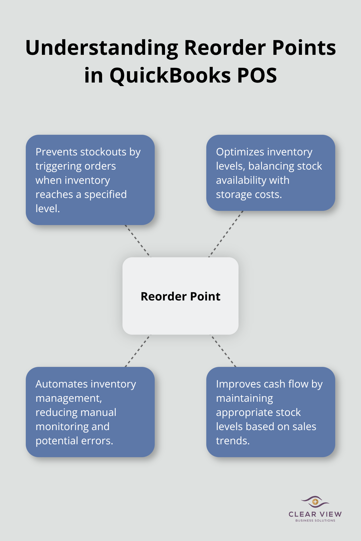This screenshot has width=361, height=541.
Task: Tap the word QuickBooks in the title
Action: [x=171, y=76]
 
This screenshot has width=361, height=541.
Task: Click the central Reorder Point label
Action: [x=180, y=296]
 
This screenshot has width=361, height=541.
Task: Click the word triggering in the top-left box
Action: [x=58, y=166]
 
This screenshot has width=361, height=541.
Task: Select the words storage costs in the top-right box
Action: [x=249, y=194]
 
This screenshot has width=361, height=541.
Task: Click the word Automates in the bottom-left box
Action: [x=57, y=384]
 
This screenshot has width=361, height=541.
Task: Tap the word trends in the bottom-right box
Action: [x=232, y=441]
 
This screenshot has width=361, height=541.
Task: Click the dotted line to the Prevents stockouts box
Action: [x=138, y=241]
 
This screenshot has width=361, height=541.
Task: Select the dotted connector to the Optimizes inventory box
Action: [x=226, y=234]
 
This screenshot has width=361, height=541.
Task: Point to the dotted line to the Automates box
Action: [x=138, y=351]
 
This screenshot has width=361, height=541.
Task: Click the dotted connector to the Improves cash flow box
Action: [x=223, y=351]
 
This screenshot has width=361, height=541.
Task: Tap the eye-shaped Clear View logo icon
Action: [x=315, y=502]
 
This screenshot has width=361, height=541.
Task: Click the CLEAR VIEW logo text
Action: [x=315, y=514]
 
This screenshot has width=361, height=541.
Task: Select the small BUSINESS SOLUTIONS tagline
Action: [x=315, y=520]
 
